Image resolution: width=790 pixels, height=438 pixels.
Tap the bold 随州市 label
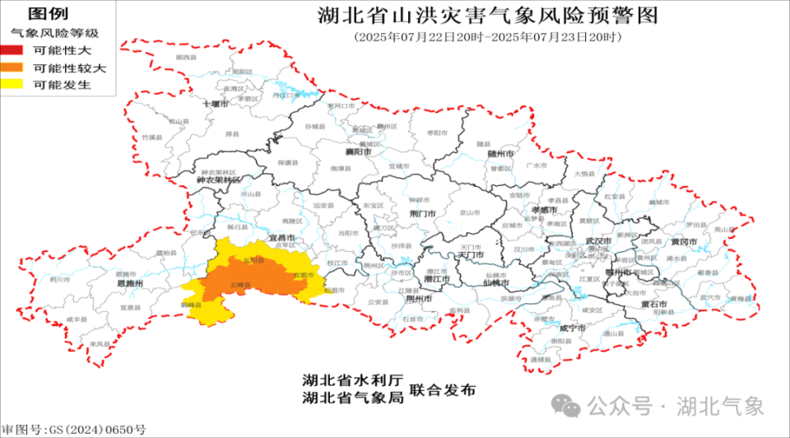point(500,153)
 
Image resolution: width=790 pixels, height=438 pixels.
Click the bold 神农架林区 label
point(219,179)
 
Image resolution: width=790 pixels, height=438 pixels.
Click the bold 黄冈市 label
point(684,243)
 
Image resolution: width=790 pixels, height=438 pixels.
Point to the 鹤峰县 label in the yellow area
point(191,305)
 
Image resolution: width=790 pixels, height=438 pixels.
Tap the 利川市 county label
point(58,279)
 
